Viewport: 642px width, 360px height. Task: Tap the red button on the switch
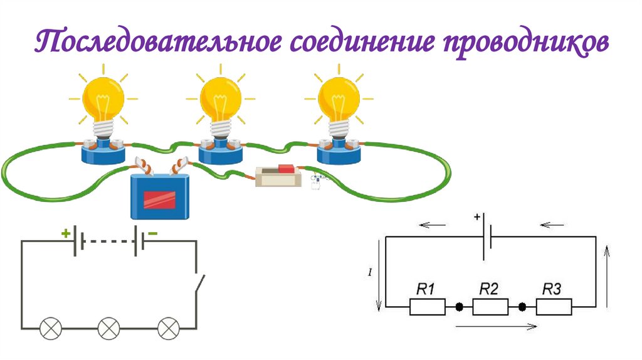click(286, 169)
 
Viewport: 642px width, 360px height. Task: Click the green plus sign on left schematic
click(65, 233)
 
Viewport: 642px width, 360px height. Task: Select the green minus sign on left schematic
click(153, 233)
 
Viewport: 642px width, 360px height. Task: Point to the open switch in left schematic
click(199, 285)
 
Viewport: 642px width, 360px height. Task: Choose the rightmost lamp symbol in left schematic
click(167, 327)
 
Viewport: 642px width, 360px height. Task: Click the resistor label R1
click(426, 289)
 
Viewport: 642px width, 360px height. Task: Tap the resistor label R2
click(488, 289)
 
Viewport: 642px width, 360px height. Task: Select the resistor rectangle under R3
click(554, 307)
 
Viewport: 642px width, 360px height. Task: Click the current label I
click(371, 273)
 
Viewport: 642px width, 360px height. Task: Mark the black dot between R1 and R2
click(459, 307)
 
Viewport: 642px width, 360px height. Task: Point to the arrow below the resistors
click(495, 326)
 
